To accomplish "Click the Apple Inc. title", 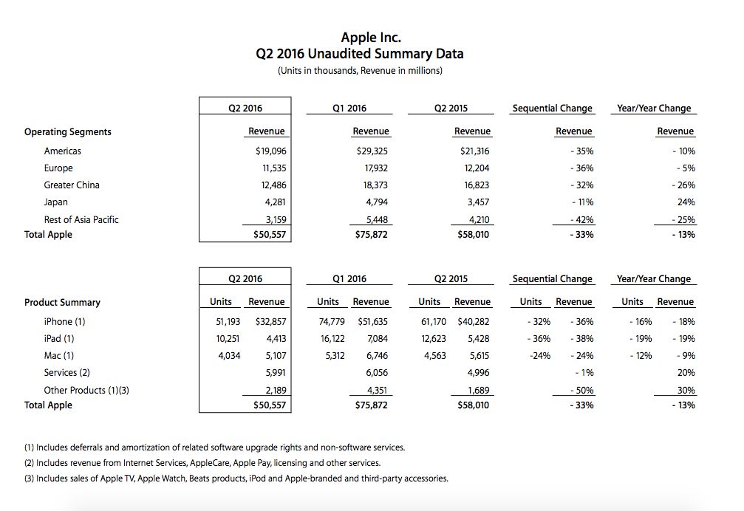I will (371, 37).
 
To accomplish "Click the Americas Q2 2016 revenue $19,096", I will (270, 151).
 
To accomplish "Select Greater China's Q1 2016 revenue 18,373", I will (374, 185).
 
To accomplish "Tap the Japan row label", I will (55, 202).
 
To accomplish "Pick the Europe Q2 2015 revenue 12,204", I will (474, 168).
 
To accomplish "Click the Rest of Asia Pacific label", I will (81, 219).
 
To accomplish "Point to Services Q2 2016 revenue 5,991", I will (272, 373).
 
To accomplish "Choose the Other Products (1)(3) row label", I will (86, 390).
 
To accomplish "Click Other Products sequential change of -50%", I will (581, 390).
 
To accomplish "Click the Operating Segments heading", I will (68, 132).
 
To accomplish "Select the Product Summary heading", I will (62, 303).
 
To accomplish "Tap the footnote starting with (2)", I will (202, 463).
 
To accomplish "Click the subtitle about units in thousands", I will (360, 71).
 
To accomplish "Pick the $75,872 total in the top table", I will (372, 235).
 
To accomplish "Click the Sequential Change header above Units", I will (552, 279).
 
